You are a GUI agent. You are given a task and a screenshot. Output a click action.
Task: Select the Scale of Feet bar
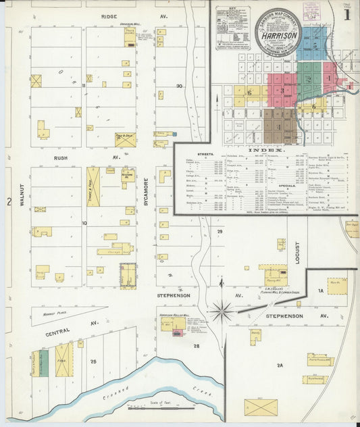point(161,408)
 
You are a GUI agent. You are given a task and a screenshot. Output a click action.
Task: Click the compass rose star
point(222,311)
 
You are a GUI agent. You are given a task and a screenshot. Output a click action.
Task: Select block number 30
point(179,86)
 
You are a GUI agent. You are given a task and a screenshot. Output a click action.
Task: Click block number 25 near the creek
point(94,361)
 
